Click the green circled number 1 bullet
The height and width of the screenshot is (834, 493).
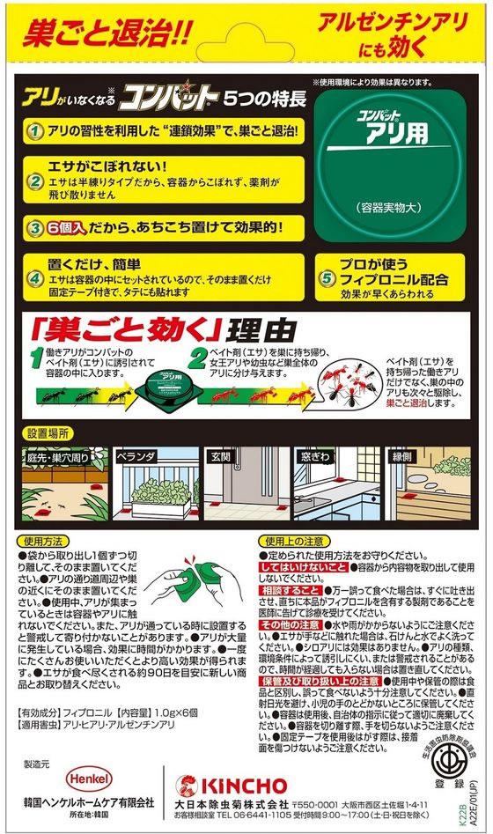click(x=33, y=131)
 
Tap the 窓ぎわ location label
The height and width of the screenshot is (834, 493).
click(x=315, y=457)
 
